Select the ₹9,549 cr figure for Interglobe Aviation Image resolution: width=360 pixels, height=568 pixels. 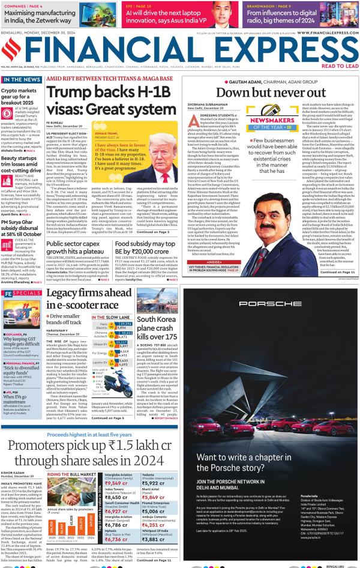(116, 483)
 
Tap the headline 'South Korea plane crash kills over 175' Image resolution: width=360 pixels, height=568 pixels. (155, 328)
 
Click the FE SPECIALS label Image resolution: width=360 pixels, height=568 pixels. (22, 294)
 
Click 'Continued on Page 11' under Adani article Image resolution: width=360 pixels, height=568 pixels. (337, 271)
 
